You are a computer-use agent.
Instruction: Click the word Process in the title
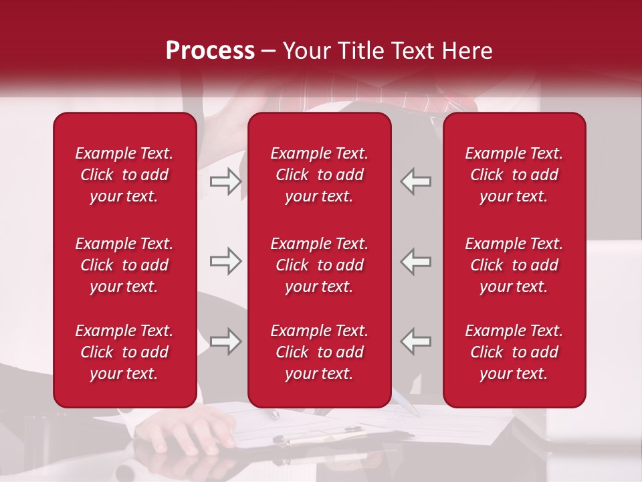tap(210, 51)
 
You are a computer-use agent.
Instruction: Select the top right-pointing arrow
tap(225, 181)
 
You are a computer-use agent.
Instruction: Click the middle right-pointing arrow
tap(225, 261)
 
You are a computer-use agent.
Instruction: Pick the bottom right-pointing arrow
tap(225, 341)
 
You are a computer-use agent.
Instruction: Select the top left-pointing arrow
tap(415, 181)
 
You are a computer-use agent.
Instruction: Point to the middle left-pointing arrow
tap(415, 261)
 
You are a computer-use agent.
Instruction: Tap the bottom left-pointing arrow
tap(415, 341)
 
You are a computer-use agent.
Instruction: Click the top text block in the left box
tap(124, 175)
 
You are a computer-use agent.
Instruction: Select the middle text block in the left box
tap(124, 265)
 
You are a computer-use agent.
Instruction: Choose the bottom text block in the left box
tap(124, 352)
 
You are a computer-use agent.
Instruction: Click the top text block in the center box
tap(320, 175)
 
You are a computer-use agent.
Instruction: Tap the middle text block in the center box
tap(320, 265)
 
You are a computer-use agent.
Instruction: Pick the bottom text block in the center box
tap(320, 352)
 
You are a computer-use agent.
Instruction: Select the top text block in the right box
tap(514, 175)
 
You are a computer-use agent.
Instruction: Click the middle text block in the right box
tap(514, 265)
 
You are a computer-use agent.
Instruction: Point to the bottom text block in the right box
tap(514, 352)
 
